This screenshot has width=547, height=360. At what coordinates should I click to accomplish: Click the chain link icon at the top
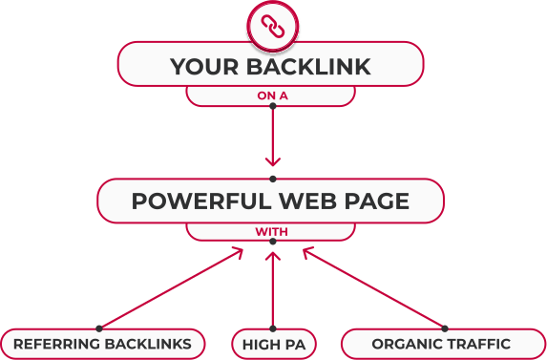[x=273, y=27]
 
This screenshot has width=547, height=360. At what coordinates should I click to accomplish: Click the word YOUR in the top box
[x=204, y=67]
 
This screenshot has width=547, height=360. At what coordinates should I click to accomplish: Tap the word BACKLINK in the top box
[x=308, y=67]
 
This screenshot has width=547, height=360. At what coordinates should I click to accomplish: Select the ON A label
[x=272, y=95]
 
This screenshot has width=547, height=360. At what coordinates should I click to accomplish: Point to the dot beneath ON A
[x=273, y=106]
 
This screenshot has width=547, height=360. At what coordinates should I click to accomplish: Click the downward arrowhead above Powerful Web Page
[x=273, y=162]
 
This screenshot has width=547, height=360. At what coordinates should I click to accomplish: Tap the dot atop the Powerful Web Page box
[x=273, y=179]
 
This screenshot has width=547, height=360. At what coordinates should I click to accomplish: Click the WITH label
[x=271, y=232]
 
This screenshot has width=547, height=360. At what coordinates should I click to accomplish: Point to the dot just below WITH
[x=273, y=242]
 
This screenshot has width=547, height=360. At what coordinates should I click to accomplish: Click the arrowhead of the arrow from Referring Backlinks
[x=239, y=252]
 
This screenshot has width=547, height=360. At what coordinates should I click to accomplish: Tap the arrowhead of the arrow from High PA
[x=273, y=257]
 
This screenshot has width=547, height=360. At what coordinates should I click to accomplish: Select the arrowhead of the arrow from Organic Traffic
[x=307, y=252]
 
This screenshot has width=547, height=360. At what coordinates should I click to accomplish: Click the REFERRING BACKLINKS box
[x=102, y=344]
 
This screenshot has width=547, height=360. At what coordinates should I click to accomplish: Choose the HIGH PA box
[x=274, y=345]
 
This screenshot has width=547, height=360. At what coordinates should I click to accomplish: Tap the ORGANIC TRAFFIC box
[x=443, y=344]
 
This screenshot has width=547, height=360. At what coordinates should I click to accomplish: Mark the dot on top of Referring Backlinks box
[x=99, y=328]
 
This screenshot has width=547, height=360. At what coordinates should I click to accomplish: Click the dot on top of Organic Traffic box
[x=445, y=328]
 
